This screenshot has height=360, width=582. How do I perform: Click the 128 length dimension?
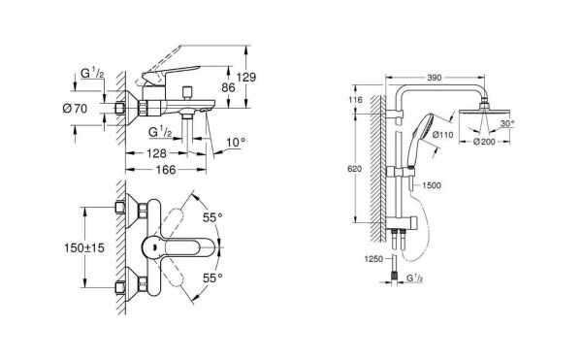pyautogui.click(x=156, y=152)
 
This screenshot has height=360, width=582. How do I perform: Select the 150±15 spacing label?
pyautogui.click(x=90, y=249)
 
